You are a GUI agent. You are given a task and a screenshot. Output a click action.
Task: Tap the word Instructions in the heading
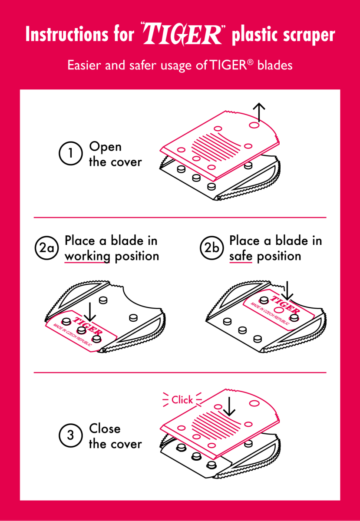point(67,34)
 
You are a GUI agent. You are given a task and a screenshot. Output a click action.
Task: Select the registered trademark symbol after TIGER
point(250,62)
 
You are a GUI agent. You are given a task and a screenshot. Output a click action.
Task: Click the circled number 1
point(70,153)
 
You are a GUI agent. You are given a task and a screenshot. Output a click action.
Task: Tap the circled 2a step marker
point(46,248)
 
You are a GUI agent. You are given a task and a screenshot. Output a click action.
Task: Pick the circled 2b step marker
point(212,248)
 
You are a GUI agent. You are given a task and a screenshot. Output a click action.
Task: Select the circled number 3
point(70,435)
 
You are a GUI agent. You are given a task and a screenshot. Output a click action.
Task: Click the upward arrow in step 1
point(259,112)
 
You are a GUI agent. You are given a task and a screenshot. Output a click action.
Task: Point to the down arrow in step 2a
point(90,312)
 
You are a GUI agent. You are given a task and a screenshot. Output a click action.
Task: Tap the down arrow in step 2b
point(287,290)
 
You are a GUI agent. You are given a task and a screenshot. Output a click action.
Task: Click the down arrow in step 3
point(229,406)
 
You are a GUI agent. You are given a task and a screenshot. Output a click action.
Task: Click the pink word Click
point(182,400)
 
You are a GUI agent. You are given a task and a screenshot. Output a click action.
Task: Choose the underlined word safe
point(241,256)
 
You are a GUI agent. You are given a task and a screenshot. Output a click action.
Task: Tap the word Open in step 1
point(105,147)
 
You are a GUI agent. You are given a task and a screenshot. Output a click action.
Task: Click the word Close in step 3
point(105,429)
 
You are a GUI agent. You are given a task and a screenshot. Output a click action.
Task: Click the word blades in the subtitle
point(275,65)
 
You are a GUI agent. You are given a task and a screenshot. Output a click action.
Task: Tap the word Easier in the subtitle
point(85,65)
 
